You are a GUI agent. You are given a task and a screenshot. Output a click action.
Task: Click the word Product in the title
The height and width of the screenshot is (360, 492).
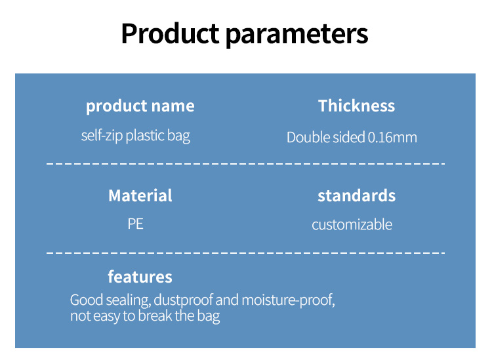[170, 33]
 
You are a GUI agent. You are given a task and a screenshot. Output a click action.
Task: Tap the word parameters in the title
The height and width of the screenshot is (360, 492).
[297, 35]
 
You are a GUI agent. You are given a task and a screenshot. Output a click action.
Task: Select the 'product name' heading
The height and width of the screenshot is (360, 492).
[140, 106]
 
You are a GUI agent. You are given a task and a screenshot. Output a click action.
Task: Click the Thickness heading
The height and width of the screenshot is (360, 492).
[356, 106]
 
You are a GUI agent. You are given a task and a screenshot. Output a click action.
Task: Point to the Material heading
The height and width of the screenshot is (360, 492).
[140, 195]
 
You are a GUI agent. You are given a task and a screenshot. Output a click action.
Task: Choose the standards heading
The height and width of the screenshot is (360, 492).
[356, 195]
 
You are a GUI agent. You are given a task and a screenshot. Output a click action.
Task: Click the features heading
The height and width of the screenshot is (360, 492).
[140, 277]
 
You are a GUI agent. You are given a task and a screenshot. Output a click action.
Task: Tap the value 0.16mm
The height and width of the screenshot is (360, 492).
[392, 137]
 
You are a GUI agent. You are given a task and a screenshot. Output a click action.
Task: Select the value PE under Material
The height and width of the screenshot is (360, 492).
[136, 224]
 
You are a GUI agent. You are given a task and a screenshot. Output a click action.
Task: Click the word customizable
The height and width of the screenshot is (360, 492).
[352, 224]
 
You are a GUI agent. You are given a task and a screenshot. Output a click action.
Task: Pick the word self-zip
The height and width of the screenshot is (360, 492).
[102, 136]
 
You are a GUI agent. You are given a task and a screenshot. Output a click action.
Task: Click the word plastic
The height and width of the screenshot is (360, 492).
[145, 136]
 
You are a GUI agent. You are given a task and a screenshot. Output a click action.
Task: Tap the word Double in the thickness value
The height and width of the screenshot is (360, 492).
[308, 137]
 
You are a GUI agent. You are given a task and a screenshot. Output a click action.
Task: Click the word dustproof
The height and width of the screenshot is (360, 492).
[183, 300]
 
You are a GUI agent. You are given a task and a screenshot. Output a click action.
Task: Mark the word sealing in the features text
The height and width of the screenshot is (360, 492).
[128, 300]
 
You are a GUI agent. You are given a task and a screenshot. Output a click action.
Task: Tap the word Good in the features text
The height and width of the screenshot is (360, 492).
[87, 300]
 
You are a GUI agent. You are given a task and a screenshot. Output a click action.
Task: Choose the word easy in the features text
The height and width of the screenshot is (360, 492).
[106, 316]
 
